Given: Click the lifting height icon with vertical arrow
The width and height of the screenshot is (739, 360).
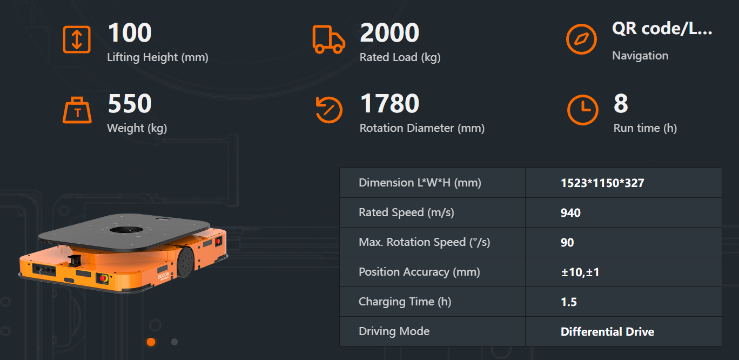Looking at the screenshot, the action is click(x=77, y=39).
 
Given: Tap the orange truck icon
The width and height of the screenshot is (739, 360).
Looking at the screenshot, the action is click(x=328, y=39).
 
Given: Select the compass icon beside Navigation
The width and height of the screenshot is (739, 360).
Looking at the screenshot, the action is click(x=581, y=39).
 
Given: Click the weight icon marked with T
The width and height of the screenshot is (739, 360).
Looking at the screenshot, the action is click(x=77, y=111).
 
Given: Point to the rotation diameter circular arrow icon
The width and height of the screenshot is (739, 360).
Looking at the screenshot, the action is click(x=328, y=110).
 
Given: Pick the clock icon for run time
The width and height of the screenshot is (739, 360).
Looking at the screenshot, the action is click(x=582, y=110).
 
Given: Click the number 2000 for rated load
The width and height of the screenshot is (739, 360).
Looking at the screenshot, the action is click(x=389, y=33).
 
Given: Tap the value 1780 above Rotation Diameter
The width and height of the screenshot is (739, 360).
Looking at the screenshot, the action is click(x=389, y=104).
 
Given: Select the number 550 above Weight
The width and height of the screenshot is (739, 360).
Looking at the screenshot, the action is click(x=130, y=104).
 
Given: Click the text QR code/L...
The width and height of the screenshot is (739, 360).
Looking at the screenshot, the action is click(x=662, y=29).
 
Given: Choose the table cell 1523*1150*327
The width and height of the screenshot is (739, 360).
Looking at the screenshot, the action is click(x=602, y=183).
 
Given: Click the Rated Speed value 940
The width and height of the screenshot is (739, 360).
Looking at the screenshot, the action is click(x=570, y=212).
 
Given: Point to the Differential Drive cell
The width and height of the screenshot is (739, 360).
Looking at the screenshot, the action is click(x=607, y=331).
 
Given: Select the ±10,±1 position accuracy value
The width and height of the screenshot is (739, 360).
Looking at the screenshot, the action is click(x=580, y=272).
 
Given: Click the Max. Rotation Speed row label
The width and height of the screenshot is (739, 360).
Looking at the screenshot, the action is click(x=424, y=242).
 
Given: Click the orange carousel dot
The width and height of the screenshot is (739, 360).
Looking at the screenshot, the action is click(x=151, y=342).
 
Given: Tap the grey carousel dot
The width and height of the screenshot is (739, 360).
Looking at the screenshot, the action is click(x=174, y=342).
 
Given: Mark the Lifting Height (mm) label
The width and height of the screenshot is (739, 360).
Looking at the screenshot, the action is click(x=158, y=57).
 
